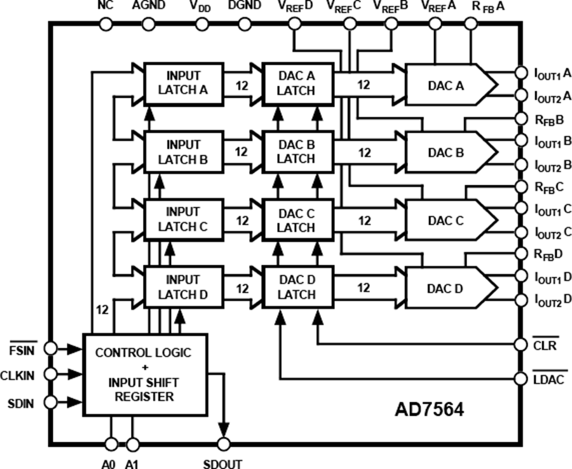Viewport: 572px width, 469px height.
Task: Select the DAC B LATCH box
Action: [x=296, y=152]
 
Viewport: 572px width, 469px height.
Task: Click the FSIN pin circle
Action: [x=51, y=348]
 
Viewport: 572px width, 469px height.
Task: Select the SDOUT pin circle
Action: [x=222, y=444]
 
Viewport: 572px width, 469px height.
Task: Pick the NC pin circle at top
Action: [x=106, y=25]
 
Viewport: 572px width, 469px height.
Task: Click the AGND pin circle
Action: [x=148, y=25]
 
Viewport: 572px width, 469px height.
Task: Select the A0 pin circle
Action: [x=111, y=444]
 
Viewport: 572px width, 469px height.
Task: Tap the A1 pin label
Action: [x=132, y=463]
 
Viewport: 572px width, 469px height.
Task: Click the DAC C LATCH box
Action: [x=296, y=220]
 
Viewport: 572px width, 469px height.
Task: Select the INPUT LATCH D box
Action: [x=184, y=287]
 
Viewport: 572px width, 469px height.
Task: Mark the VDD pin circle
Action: [x=201, y=25]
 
